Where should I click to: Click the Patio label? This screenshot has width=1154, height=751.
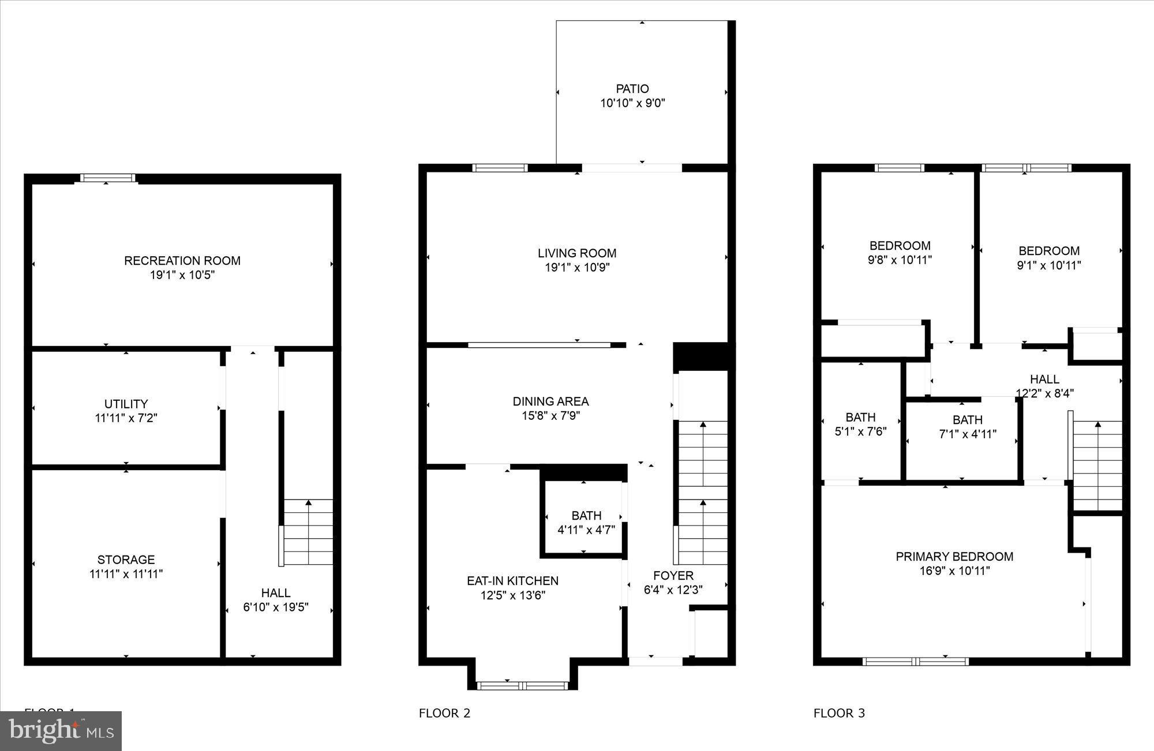click(632, 89)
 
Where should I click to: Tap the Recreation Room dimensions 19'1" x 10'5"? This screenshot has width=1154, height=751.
click(182, 275)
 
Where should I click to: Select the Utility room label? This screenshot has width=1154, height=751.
click(126, 404)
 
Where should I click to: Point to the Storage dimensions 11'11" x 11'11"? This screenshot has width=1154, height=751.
click(126, 574)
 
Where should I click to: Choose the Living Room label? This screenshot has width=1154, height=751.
click(577, 253)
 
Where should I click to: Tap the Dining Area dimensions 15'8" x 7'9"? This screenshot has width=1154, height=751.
click(550, 416)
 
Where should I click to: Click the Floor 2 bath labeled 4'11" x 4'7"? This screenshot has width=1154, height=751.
click(586, 522)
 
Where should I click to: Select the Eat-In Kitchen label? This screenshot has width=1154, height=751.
click(512, 581)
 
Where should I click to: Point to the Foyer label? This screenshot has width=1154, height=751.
click(673, 576)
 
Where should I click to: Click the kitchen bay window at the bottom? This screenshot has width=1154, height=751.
click(523, 685)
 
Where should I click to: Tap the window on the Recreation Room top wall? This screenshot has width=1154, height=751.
click(107, 178)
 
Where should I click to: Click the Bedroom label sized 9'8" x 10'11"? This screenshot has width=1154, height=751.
click(900, 246)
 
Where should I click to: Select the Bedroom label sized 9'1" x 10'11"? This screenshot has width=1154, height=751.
click(1048, 251)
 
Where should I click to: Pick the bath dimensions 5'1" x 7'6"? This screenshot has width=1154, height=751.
click(860, 431)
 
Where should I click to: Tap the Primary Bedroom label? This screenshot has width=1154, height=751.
click(954, 557)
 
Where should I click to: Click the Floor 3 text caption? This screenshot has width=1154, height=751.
click(839, 714)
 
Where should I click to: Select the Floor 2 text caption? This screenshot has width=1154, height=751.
click(444, 714)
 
